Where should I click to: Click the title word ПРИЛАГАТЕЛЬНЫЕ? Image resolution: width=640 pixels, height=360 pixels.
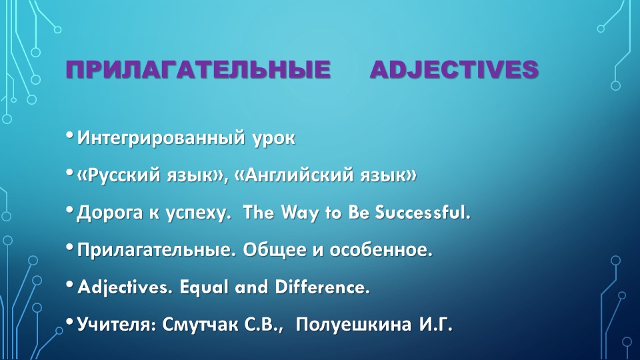198,69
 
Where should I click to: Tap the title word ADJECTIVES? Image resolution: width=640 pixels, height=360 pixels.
454,69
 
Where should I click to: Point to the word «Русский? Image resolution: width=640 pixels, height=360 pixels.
119,175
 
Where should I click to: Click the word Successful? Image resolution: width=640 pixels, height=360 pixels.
423,212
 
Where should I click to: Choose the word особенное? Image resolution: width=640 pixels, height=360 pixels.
381,250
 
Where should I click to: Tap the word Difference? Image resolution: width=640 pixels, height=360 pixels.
323,287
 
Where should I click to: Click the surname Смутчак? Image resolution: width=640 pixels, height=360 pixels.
199,325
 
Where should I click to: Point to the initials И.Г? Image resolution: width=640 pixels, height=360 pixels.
436,325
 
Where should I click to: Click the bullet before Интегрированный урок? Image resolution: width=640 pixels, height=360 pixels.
69,135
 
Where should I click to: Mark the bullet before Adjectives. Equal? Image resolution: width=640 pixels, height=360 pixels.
69,285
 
